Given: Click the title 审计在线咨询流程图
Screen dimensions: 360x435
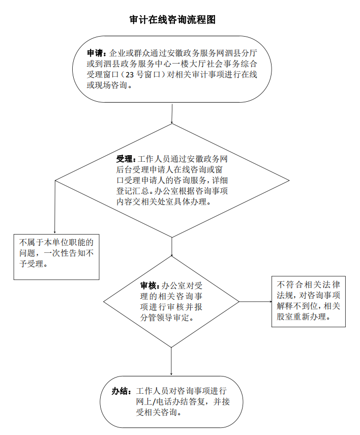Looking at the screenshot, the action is pos(172,20).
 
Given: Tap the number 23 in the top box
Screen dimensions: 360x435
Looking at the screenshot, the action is pos(130,75).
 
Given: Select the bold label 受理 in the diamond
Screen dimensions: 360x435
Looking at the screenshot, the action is pos(124,159).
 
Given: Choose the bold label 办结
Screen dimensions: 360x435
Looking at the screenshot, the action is pos(120,391).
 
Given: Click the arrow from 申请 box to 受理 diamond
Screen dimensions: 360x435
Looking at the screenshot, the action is pos(172,114).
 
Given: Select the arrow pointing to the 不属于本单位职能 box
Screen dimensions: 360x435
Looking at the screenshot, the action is pos(55,207).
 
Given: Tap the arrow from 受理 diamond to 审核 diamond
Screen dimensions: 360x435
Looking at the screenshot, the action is pos(172,247).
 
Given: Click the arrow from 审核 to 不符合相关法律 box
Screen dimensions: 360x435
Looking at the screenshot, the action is pos(255,302).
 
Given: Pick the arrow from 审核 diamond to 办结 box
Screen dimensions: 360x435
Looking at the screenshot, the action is pos(171,362).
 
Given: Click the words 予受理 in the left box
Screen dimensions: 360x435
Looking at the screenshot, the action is pos(32,264).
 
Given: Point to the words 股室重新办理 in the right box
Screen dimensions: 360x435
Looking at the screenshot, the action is pos(301,316).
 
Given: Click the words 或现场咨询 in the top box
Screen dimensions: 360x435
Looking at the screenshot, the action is pos(107,85).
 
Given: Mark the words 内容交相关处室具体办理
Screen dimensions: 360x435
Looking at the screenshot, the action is pos(161,201).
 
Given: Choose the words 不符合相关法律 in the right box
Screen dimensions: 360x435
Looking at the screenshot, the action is pos(308,284).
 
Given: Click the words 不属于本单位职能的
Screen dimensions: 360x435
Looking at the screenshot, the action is pos(56,243).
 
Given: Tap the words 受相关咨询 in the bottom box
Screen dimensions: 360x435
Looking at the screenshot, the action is pos(157,412).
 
